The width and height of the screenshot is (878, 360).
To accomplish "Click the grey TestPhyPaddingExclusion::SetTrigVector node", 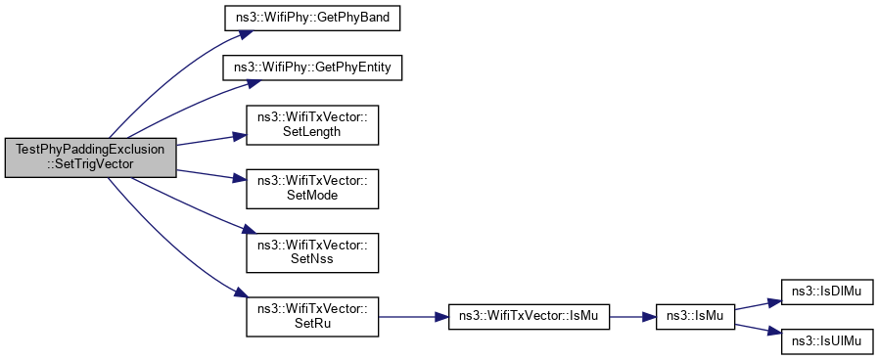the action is [91, 157].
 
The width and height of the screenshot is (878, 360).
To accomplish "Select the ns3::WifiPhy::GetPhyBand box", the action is [312, 20].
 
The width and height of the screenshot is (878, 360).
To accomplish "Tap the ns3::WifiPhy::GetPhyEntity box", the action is [313, 68].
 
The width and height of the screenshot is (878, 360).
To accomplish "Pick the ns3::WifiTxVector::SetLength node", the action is [312, 125].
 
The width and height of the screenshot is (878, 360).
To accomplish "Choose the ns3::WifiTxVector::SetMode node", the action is [312, 189].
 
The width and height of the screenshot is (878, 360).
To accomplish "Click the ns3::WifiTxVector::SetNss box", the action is [312, 252].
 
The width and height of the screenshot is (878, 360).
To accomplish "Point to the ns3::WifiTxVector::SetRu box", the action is [312, 316].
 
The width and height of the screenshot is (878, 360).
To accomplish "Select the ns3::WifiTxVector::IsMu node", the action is [529, 317].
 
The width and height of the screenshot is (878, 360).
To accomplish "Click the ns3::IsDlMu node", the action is [827, 292].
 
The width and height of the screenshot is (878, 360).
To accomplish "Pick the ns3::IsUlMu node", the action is [827, 341].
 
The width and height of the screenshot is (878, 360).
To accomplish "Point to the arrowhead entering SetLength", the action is [240, 136].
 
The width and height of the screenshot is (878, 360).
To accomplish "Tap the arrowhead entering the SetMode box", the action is [240, 179].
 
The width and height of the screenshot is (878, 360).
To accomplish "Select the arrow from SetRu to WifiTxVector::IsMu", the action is [414, 317].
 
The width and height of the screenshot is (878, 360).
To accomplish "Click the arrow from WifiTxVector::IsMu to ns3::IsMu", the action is [633, 317].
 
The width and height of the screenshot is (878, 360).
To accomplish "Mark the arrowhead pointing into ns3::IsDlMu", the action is [774, 301].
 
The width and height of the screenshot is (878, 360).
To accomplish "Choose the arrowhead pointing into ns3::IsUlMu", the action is [774, 334].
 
